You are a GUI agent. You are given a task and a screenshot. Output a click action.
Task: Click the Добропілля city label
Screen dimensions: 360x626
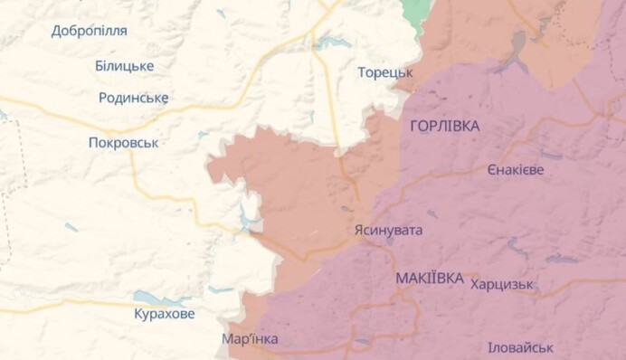tap(89, 31)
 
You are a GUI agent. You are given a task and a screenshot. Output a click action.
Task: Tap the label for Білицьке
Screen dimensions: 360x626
tap(124, 66)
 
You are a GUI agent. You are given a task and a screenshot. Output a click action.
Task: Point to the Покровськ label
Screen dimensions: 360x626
tap(124, 142)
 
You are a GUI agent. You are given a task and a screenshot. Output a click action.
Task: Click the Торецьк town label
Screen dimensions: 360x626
tap(384, 71)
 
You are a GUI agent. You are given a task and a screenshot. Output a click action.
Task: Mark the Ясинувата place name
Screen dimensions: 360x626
tap(387, 230)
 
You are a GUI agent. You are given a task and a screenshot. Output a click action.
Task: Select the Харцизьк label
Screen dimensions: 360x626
tap(501, 284)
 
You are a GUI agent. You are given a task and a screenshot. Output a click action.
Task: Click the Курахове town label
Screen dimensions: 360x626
tap(163, 314)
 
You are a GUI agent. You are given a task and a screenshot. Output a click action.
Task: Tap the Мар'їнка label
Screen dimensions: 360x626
tap(250, 339)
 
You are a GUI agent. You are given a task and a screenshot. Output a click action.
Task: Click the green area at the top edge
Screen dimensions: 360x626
tap(415, 11)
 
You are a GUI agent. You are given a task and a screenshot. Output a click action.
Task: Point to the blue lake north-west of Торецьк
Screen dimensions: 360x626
tap(330, 43)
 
